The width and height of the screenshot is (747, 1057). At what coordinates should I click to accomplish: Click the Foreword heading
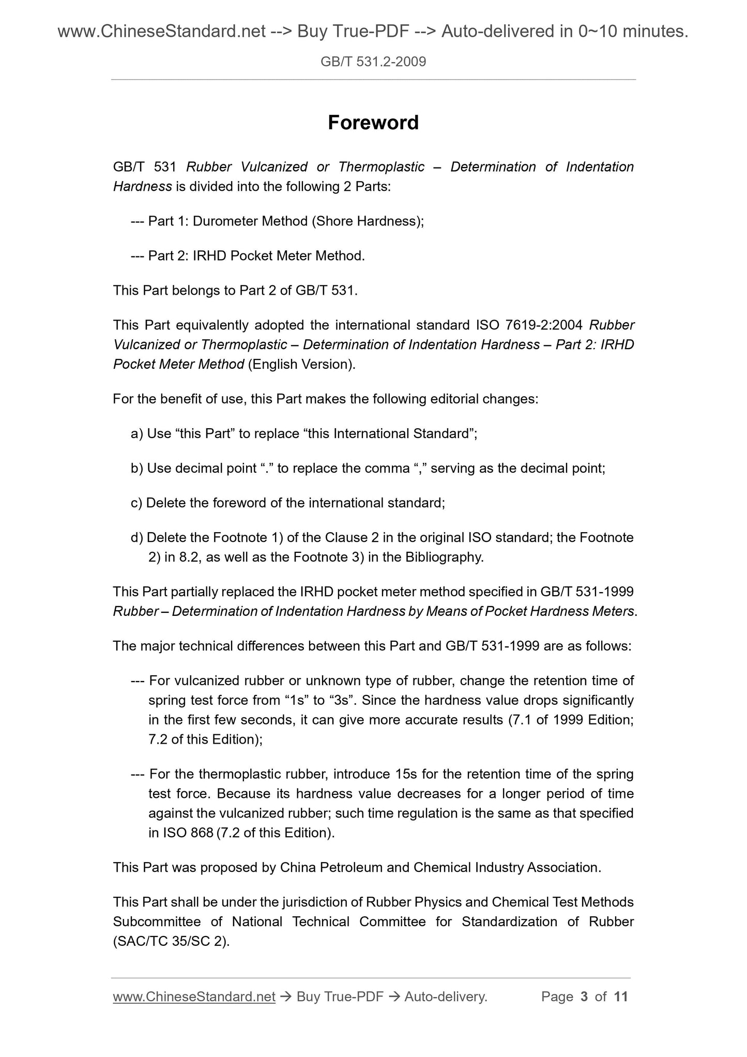373,123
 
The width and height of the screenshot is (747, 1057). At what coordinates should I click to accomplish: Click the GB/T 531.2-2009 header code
373,62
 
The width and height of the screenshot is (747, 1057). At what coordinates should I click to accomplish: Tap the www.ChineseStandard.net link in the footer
194,996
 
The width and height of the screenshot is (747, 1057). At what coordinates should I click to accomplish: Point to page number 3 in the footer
584,996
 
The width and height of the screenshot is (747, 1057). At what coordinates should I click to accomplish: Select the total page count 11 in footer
621,996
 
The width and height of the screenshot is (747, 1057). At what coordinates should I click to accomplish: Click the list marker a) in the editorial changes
137,433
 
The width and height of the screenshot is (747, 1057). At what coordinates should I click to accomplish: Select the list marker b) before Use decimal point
137,469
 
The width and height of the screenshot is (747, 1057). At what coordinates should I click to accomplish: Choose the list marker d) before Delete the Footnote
137,538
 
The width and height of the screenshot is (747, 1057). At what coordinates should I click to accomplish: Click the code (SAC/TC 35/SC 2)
171,942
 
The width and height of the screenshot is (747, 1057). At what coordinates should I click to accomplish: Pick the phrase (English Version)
302,365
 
